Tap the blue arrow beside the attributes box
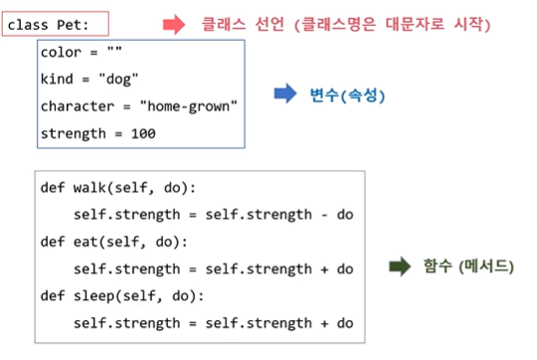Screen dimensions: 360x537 tap(285, 94)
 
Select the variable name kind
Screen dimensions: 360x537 tap(57, 79)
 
